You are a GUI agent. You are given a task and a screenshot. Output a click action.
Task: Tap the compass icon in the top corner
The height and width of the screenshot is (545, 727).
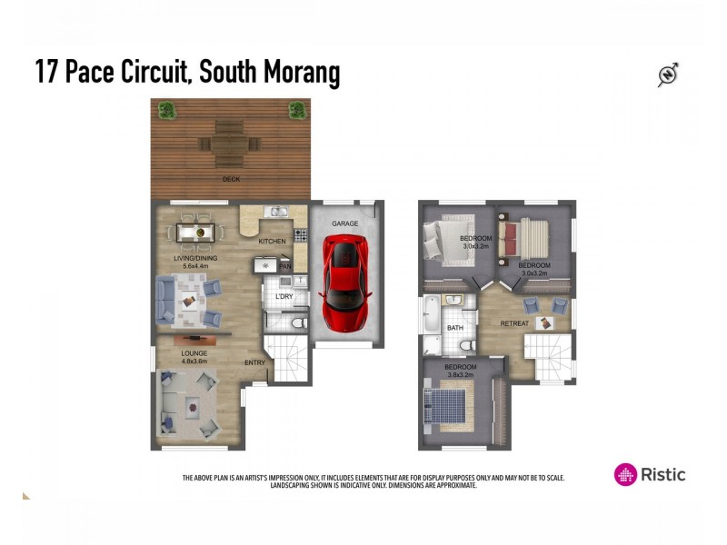point(669,75)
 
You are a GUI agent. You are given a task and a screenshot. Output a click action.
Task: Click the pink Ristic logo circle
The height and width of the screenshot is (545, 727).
point(625,474)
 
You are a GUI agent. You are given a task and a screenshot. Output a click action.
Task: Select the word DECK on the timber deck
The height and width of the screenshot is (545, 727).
point(232,179)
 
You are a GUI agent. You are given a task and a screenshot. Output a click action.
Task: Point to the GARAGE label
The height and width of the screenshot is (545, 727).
point(345,223)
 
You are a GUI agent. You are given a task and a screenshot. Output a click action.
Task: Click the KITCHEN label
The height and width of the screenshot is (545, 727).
point(272,241)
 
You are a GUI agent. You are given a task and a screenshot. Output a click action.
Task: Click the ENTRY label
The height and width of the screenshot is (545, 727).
point(254,362)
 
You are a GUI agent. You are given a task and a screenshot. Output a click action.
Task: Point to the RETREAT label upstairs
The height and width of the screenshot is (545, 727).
point(514,323)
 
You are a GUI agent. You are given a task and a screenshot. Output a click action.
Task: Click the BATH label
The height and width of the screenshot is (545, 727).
point(454,328)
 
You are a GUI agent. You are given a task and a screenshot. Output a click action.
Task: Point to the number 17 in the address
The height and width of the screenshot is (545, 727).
point(46,73)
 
